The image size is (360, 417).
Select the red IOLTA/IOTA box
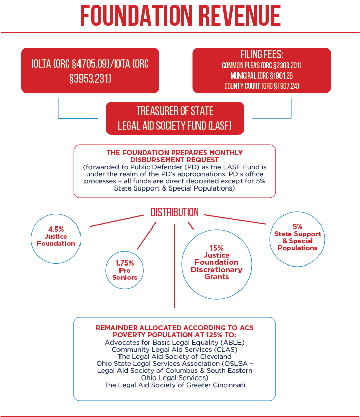pyautogui.click(x=90, y=71)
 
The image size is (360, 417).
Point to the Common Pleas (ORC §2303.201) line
pyautogui.click(x=262, y=66)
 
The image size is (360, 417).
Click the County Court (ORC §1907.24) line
pyautogui.click(x=262, y=86)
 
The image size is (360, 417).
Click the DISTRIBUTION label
pyautogui.click(x=175, y=212)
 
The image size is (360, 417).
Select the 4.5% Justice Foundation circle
pyautogui.click(x=56, y=236)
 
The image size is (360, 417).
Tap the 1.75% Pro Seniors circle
pyautogui.click(x=125, y=270)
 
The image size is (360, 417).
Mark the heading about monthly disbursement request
pyautogui.click(x=175, y=156)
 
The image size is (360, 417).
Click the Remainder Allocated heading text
pyautogui.click(x=175, y=331)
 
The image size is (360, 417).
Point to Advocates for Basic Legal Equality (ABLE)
pyautogui.click(x=175, y=342)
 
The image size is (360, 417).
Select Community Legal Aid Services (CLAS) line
pyautogui.click(x=175, y=349)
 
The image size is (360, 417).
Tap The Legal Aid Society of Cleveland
pyautogui.click(x=175, y=356)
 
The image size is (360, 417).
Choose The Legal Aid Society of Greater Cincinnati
pyautogui.click(x=175, y=385)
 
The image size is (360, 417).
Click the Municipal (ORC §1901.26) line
pyautogui.click(x=262, y=76)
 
